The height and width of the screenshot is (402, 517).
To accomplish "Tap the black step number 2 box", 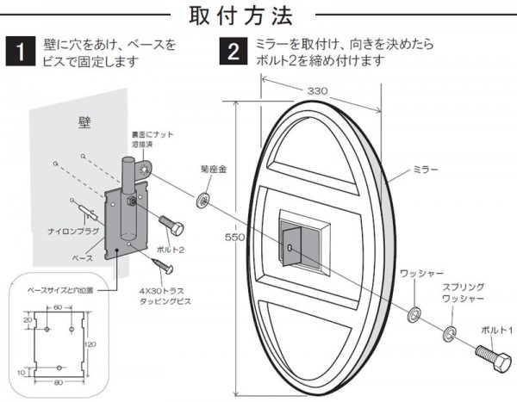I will [x=233, y=51].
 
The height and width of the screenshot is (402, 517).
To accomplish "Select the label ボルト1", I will [x=495, y=330].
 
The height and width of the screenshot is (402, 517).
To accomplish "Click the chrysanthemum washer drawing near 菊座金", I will [x=204, y=199].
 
